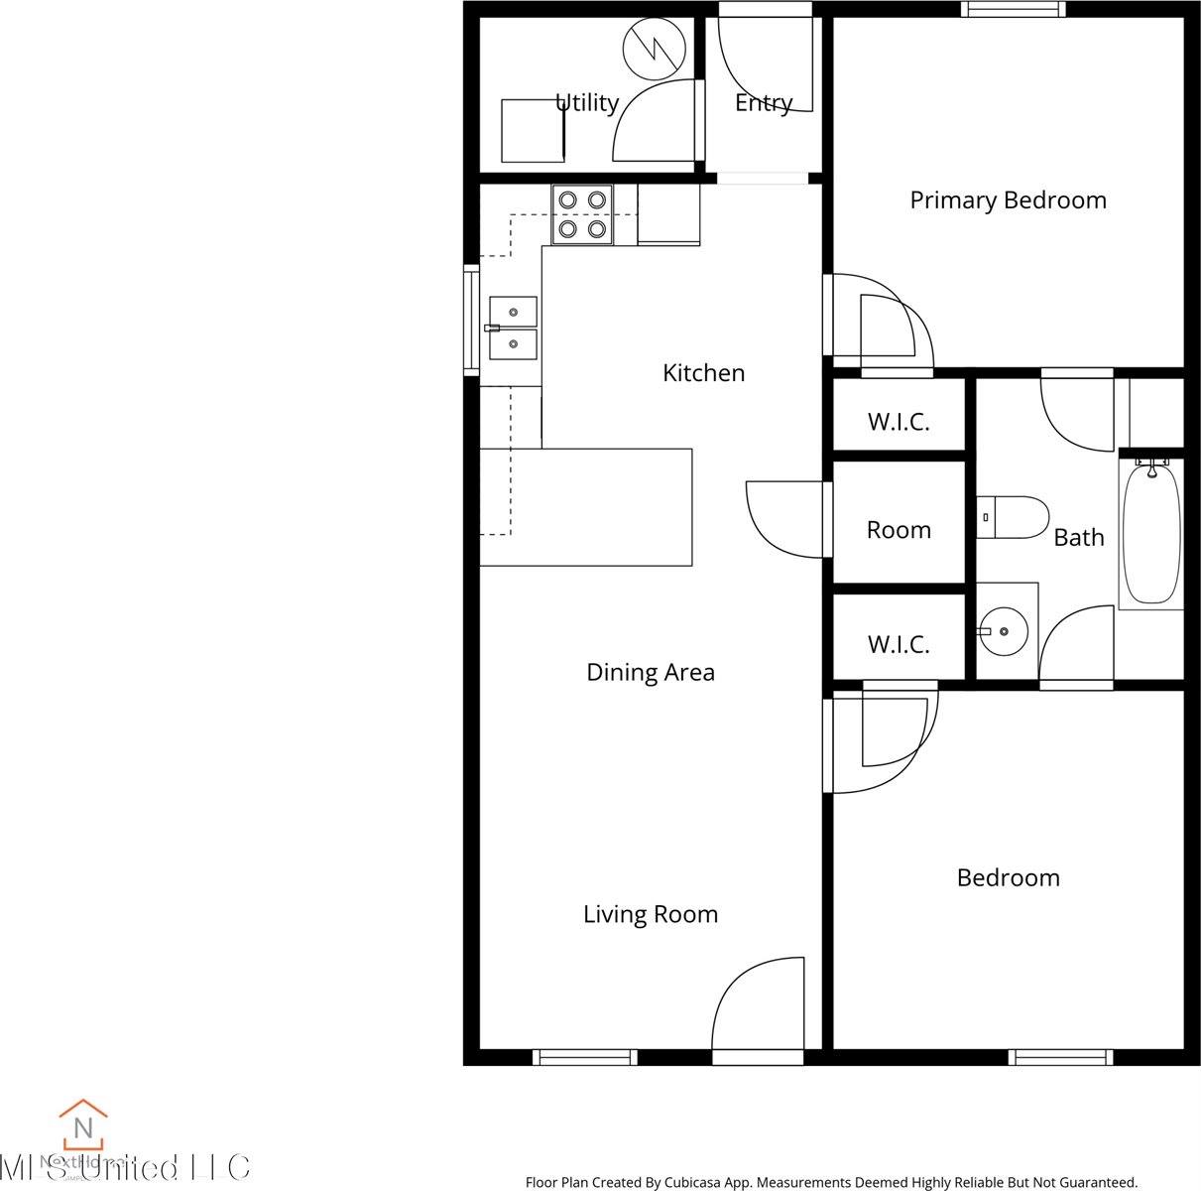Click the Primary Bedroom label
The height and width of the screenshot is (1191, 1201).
click(1008, 200)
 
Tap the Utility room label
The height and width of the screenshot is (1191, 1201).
click(587, 102)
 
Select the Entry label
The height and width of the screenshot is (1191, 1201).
click(763, 102)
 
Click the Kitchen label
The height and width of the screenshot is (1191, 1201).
click(703, 373)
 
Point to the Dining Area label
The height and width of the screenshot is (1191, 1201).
click(650, 672)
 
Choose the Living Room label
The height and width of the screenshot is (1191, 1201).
click(650, 914)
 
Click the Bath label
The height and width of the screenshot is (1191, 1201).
click(1078, 537)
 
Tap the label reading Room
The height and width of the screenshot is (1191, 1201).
click(899, 530)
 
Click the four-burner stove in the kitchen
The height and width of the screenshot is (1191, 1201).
click(582, 214)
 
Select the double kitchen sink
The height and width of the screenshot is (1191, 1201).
click(513, 329)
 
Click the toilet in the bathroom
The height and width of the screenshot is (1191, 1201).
click(1014, 517)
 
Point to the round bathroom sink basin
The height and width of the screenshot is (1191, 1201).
click(1004, 630)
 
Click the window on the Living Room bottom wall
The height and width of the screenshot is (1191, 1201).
click(584, 1057)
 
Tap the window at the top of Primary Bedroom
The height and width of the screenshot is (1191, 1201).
click(1013, 9)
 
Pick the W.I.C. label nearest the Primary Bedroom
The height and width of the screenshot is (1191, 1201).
click(899, 422)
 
